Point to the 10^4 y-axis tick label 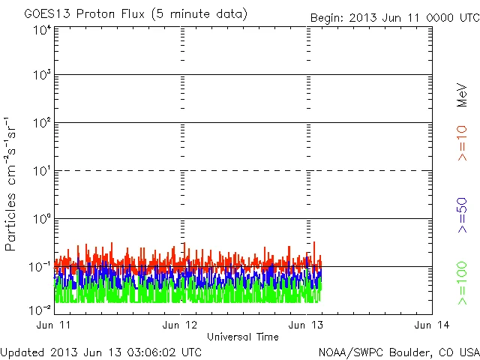click(x=42, y=31)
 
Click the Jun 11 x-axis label click(x=54, y=325)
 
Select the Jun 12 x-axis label click(x=181, y=325)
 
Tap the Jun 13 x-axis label click(x=307, y=325)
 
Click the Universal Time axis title click(x=242, y=337)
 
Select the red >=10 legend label click(x=462, y=143)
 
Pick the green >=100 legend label click(x=462, y=283)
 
